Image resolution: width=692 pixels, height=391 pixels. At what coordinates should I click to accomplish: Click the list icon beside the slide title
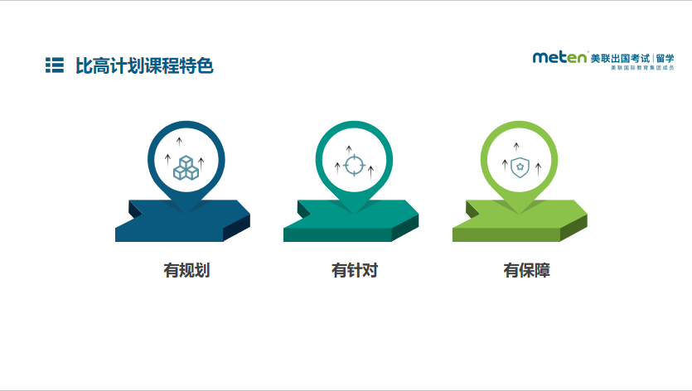point(55,65)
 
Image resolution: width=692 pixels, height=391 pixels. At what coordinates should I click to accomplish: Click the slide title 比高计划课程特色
point(144,65)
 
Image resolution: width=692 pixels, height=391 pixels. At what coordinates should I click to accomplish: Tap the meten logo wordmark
point(560,57)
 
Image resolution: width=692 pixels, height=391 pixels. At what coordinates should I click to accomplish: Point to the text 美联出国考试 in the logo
point(620,58)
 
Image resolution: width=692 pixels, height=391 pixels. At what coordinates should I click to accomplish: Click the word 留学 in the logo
point(665,58)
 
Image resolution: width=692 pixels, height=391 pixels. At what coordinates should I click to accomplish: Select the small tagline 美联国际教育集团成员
point(642,68)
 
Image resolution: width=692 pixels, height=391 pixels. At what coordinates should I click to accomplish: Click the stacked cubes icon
point(186,167)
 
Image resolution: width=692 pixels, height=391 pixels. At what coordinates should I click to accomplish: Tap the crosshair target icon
point(354,166)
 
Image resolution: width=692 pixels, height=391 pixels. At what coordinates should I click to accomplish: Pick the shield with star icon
point(520,167)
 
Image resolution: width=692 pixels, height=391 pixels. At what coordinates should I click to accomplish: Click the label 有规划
point(186,270)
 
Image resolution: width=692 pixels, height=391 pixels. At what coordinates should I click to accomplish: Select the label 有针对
point(355,270)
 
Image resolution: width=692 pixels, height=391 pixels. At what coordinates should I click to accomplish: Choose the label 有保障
point(527,270)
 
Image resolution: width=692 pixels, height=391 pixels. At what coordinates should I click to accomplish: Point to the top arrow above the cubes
point(179,142)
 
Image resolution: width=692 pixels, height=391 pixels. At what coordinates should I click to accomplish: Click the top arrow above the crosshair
point(349,150)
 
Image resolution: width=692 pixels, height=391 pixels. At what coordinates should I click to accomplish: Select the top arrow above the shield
point(516,147)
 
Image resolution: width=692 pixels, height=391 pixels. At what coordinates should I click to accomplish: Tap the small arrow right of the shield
point(539,169)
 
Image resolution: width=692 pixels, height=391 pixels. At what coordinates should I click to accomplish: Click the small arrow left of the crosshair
point(337,168)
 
